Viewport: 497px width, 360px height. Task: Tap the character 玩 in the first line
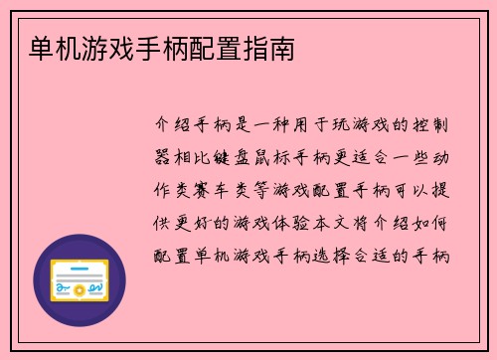[x=324, y=126]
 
